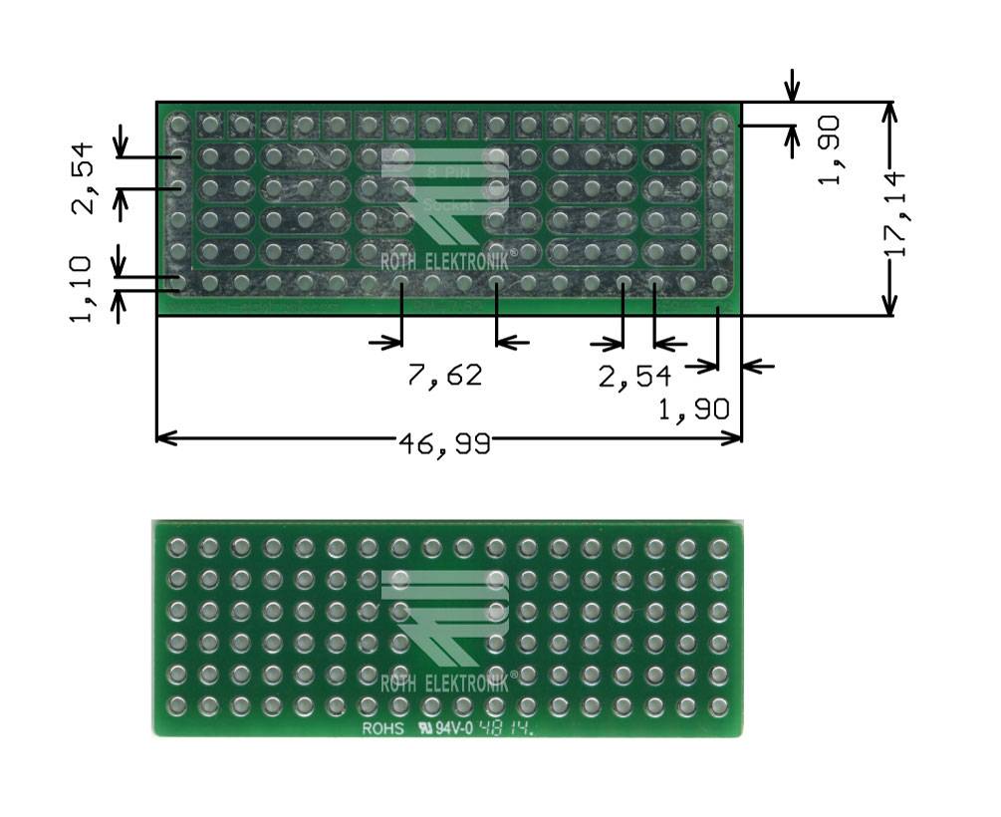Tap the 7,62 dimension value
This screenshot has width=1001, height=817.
click(444, 376)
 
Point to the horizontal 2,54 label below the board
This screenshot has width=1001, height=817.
click(634, 377)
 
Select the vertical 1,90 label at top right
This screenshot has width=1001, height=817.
click(829, 149)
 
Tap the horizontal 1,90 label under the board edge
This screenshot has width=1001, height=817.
click(694, 408)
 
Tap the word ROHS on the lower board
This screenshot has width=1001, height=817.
click(382, 728)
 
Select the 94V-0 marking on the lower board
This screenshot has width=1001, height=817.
click(453, 728)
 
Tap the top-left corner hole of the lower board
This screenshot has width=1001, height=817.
click(177, 547)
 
